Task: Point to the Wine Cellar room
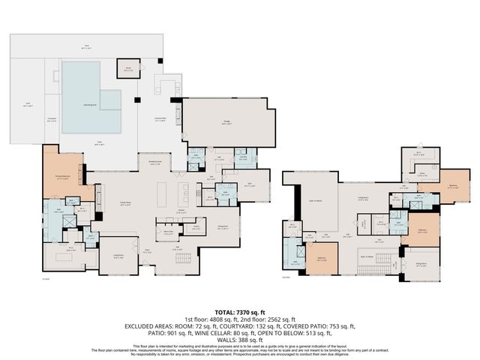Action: (169, 232)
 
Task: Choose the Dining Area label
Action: (223, 227)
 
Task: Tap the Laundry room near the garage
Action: (243, 158)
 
